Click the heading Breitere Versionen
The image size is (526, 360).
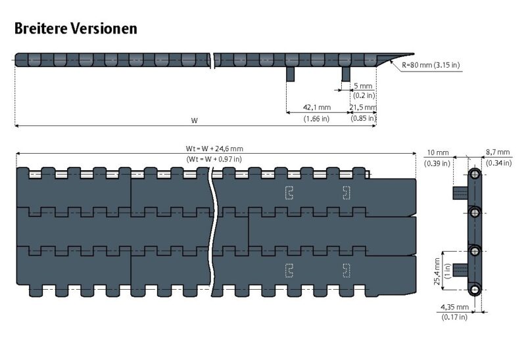(x=76, y=28)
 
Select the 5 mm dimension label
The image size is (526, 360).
(x=363, y=86)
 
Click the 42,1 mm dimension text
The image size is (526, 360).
(x=316, y=106)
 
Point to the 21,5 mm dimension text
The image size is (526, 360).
(x=363, y=106)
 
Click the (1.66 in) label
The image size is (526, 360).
(x=316, y=118)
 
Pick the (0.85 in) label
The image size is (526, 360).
(x=363, y=118)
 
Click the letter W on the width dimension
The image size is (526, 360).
(x=194, y=120)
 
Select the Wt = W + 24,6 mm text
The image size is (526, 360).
(x=214, y=148)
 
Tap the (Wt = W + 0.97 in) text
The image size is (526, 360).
(x=214, y=159)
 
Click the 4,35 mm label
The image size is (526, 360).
(x=454, y=306)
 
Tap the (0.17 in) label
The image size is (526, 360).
(x=454, y=317)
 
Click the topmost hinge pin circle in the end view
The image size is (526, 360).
(x=474, y=174)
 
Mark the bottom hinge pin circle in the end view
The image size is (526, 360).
(x=474, y=290)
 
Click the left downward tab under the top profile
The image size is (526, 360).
(x=290, y=74)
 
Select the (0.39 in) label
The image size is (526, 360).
(x=437, y=162)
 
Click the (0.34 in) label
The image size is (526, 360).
(x=498, y=162)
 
